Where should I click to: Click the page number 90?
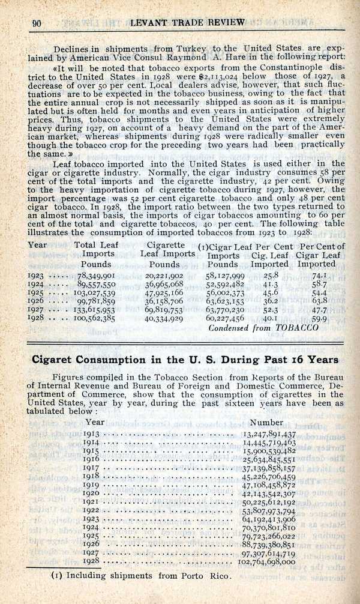(x=36, y=23)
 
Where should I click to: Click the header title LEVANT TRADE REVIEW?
(x=188, y=23)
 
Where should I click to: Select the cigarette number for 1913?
(x=269, y=434)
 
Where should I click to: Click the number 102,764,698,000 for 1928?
(x=266, y=562)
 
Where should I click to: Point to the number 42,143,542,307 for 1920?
(x=269, y=493)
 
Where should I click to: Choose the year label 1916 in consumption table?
(x=92, y=459)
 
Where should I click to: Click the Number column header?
(x=266, y=423)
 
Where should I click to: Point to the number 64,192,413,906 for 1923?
(x=269, y=519)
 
